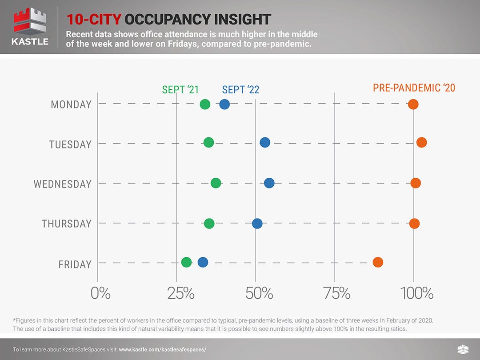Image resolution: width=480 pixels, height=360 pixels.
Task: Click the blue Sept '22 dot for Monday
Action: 224,104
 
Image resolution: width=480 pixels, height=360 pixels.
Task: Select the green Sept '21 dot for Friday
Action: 187,262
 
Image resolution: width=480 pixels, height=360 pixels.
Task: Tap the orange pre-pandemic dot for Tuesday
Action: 421,142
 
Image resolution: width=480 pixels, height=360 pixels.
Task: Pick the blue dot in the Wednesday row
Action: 269,183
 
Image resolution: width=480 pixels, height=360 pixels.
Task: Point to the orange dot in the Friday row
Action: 378,262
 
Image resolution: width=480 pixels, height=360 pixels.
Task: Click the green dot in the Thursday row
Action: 209,223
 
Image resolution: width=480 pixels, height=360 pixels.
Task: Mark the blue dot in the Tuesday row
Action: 265,142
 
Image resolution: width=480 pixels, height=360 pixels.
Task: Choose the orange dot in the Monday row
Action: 413,104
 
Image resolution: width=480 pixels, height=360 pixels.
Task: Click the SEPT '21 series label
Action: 180,89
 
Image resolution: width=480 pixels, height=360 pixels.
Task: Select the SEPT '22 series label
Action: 240,90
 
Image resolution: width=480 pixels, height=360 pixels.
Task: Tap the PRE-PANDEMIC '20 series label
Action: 414,88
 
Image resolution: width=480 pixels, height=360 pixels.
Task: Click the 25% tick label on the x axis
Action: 180,293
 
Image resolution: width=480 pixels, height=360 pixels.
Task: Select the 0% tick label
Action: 100,293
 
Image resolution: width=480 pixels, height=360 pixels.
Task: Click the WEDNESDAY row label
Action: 62,184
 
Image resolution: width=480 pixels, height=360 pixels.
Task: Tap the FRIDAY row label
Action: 75,264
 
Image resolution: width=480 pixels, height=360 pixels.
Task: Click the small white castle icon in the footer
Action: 462,349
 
